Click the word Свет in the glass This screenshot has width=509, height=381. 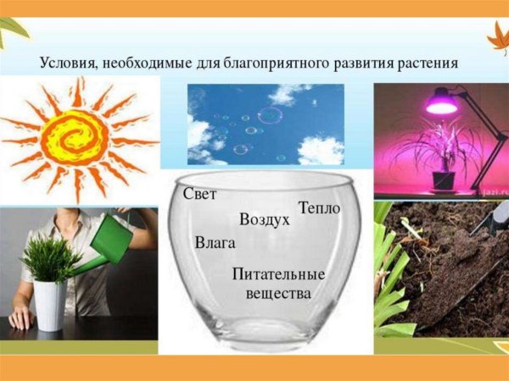(200, 194)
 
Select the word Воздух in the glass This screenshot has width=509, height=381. (265, 219)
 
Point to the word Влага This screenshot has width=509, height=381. (215, 243)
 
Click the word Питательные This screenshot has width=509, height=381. (278, 275)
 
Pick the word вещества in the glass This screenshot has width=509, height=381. (278, 293)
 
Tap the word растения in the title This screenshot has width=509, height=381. (428, 63)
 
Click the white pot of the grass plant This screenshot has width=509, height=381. (49, 305)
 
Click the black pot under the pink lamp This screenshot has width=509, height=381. (442, 179)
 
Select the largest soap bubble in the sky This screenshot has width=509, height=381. (271, 116)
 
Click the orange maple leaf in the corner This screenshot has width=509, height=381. (495, 37)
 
